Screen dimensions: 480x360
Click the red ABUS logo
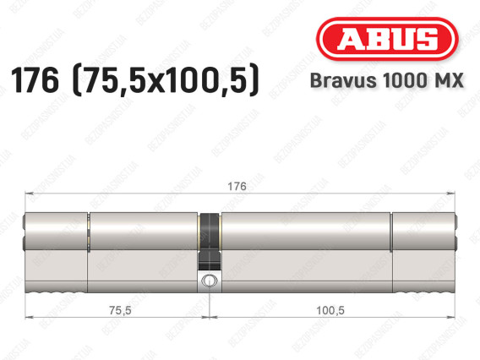coord(387,39)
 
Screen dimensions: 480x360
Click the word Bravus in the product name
coord(343,80)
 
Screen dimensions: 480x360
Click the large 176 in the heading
coord(35,80)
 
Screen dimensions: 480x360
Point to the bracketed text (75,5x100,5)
coord(166,80)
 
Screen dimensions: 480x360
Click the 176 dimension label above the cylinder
coord(237,186)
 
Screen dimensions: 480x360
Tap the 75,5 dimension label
coord(120,310)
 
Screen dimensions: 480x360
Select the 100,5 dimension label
coord(330,310)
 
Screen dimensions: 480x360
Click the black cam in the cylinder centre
coord(210,242)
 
